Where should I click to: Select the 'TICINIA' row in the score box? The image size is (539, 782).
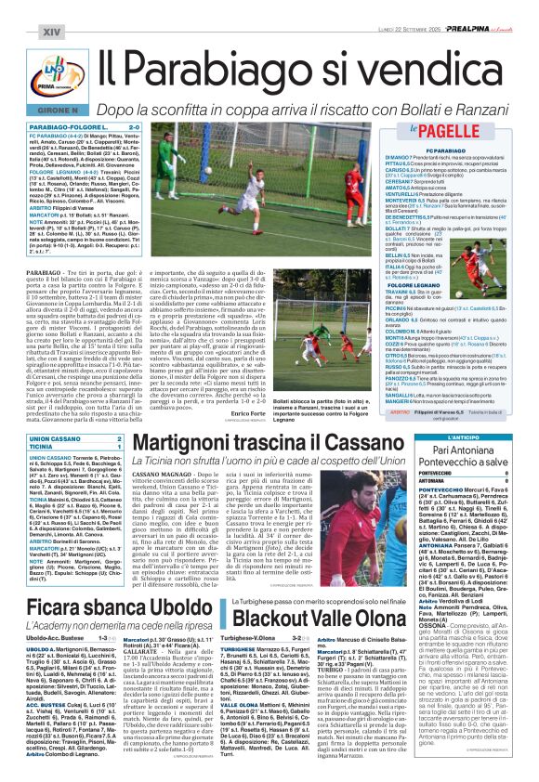[x=44, y=446]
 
